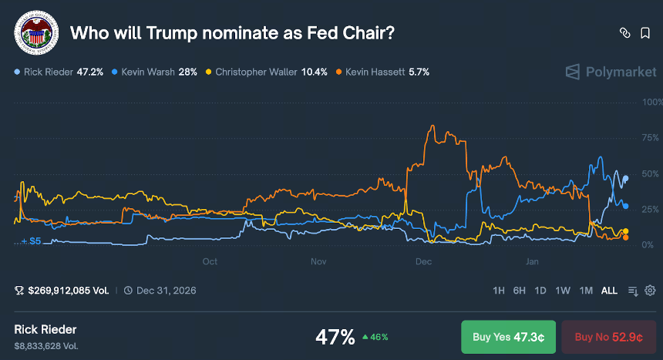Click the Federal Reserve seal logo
36,32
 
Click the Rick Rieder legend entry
59,72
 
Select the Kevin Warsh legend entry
154,72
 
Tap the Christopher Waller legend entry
267,72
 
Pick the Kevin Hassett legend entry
382,72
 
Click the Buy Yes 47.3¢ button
508,337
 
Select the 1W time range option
563,291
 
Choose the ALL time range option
609,291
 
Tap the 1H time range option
499,291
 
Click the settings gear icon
650,291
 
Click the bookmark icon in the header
645,33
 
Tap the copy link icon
625,33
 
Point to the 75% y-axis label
650,138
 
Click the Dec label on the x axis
424,261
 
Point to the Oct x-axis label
210,261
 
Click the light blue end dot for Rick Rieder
626,179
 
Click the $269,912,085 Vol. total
69,291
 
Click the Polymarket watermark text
621,72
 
